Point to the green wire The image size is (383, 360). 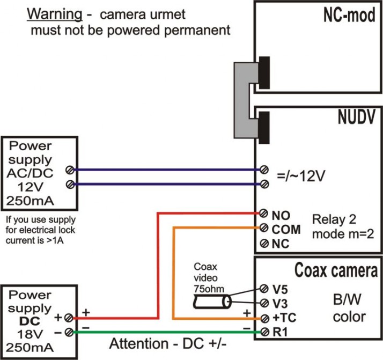pyautogui.click(x=161, y=333)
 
